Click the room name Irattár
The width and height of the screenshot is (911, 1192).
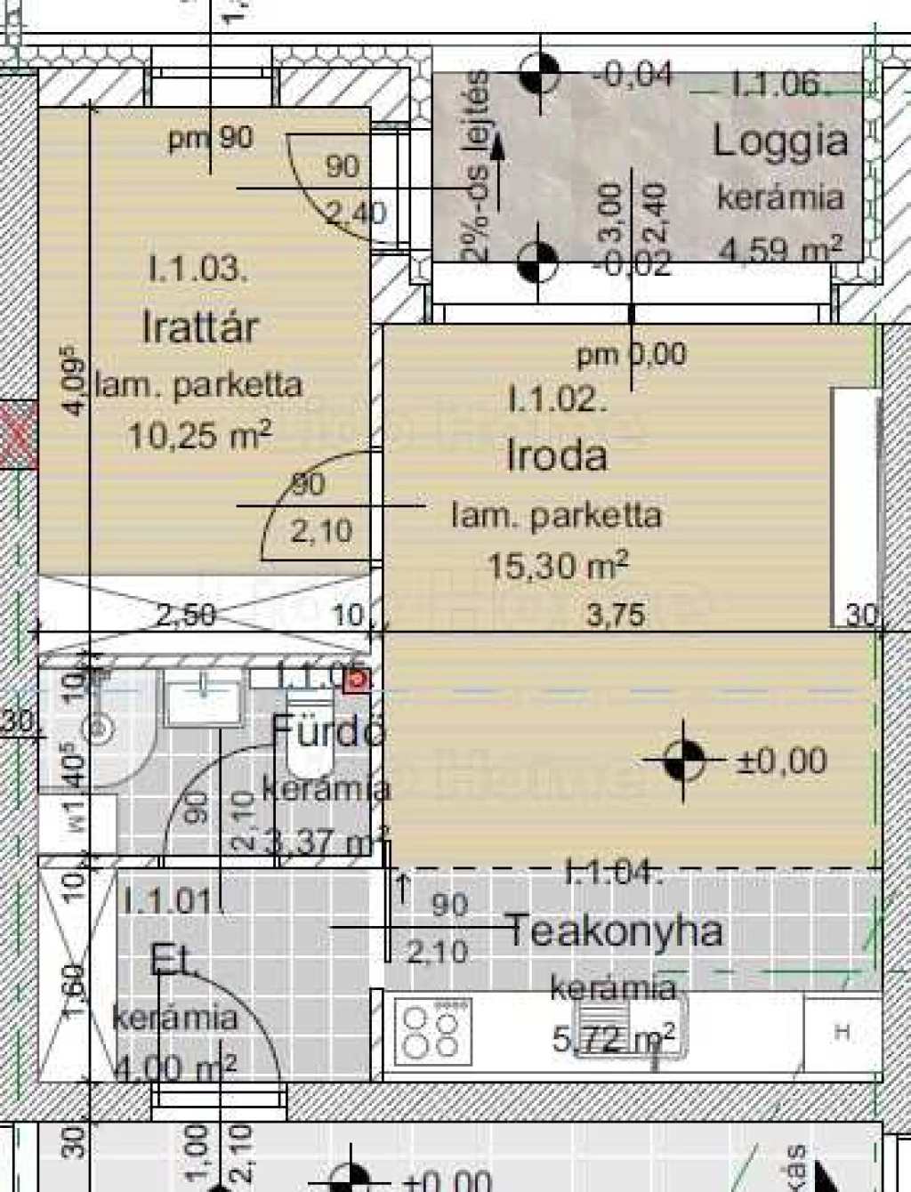[200, 327]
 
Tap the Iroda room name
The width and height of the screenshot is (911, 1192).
[557, 455]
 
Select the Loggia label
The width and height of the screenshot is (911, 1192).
[779, 141]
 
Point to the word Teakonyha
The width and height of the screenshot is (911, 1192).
[614, 931]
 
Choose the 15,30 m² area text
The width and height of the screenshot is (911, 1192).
[558, 564]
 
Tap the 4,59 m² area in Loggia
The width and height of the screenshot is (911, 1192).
[779, 250]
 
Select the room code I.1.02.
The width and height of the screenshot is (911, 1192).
[557, 399]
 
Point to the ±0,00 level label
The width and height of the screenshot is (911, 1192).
[782, 761]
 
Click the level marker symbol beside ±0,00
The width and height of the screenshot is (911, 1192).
[683, 761]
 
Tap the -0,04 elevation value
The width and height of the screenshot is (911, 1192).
[633, 74]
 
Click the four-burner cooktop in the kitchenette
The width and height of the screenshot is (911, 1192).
[432, 1030]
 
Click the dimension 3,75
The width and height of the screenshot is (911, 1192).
[617, 615]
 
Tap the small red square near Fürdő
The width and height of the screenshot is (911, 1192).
[357, 681]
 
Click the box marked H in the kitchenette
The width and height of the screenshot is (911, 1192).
[842, 1032]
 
